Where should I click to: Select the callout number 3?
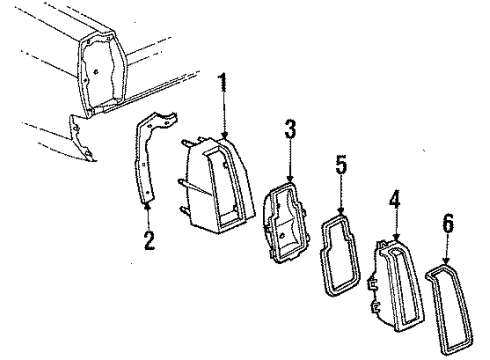(x=290, y=129)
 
